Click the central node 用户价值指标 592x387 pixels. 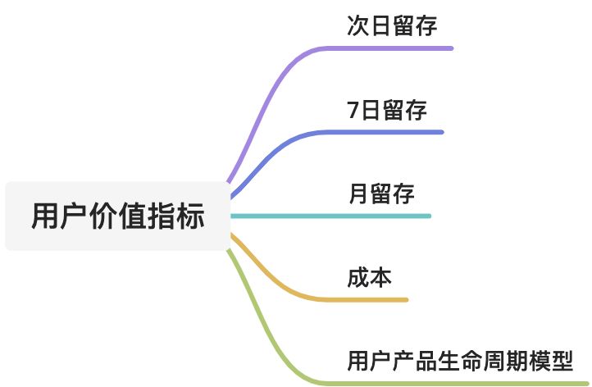[x=118, y=216]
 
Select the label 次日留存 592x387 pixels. [x=391, y=25]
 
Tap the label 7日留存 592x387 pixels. [x=387, y=109]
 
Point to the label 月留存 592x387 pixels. [x=381, y=193]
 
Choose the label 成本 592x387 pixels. [x=369, y=277]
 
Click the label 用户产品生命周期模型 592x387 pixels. [x=459, y=361]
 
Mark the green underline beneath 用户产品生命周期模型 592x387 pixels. [x=459, y=382]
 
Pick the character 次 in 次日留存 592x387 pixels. [x=358, y=25]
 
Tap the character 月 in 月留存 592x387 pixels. [x=358, y=193]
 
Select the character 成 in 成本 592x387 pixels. [x=358, y=277]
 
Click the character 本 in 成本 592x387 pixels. [x=380, y=277]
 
